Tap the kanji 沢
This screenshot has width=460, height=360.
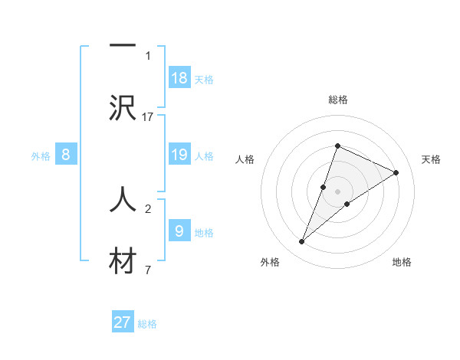[x=123, y=106]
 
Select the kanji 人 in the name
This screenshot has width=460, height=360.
[x=123, y=198]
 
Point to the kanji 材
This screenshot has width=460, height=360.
[x=123, y=260]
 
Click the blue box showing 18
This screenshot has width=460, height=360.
[x=179, y=77]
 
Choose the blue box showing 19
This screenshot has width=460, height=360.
[x=179, y=155]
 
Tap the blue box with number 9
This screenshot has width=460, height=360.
[x=179, y=231]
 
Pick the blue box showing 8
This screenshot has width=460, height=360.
[x=66, y=155]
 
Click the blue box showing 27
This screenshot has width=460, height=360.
[x=123, y=322]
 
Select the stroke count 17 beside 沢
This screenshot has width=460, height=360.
[x=148, y=116]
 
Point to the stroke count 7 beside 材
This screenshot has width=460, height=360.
[x=147, y=270]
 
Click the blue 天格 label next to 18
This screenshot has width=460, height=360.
[x=204, y=79]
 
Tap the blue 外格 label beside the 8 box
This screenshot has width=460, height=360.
[x=41, y=156]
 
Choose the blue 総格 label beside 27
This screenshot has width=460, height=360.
[x=147, y=323]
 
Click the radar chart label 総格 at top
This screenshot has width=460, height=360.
[x=338, y=100]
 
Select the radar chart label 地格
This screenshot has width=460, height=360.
[x=402, y=262]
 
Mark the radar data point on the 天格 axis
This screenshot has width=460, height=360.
[x=396, y=172]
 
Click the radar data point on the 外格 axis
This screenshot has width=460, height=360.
[x=302, y=242]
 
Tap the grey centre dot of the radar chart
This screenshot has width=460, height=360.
[x=338, y=191]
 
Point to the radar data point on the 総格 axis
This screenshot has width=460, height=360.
[x=338, y=146]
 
